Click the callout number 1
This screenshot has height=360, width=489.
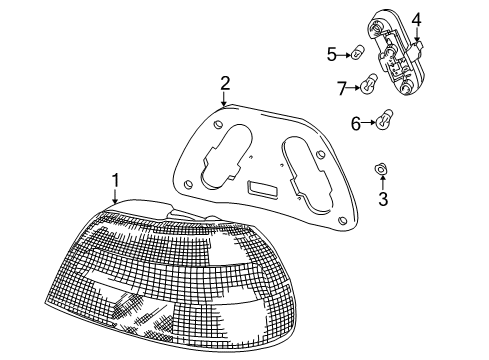click(115, 180)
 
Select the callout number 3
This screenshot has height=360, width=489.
click(382, 199)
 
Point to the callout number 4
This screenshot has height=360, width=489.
click(416, 19)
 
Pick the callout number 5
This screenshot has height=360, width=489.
click(331, 54)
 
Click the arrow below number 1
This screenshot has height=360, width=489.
click(116, 197)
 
